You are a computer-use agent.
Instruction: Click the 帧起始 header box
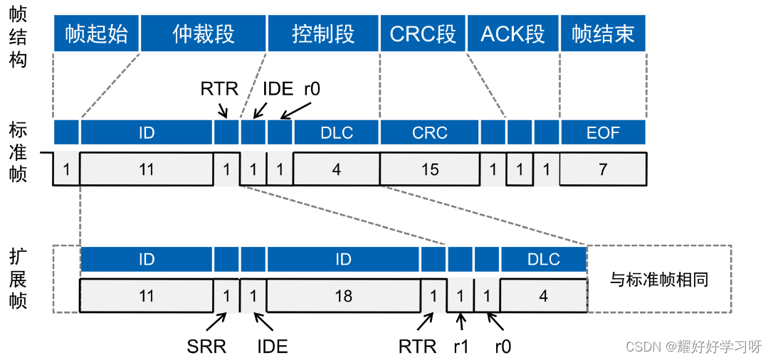[x=96, y=33]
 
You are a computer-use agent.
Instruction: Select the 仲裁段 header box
[x=203, y=33]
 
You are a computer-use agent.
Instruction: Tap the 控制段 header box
[x=323, y=33]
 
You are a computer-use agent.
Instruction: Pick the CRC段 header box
[x=423, y=33]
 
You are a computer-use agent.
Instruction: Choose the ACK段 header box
[x=512, y=33]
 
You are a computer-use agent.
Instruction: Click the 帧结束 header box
[x=603, y=33]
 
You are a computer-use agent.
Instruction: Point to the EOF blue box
[x=603, y=132]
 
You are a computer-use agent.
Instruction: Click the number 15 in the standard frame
[x=430, y=169]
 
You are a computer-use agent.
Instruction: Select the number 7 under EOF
[x=603, y=169]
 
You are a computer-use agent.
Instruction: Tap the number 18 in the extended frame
[x=343, y=295]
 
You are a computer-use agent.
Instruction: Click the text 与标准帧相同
[x=659, y=279]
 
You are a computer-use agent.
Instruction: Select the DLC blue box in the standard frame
[x=336, y=132]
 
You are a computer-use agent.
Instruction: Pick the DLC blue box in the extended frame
[x=544, y=259]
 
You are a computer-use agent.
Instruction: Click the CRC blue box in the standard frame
[x=430, y=132]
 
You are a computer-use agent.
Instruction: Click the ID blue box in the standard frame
[x=147, y=132]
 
